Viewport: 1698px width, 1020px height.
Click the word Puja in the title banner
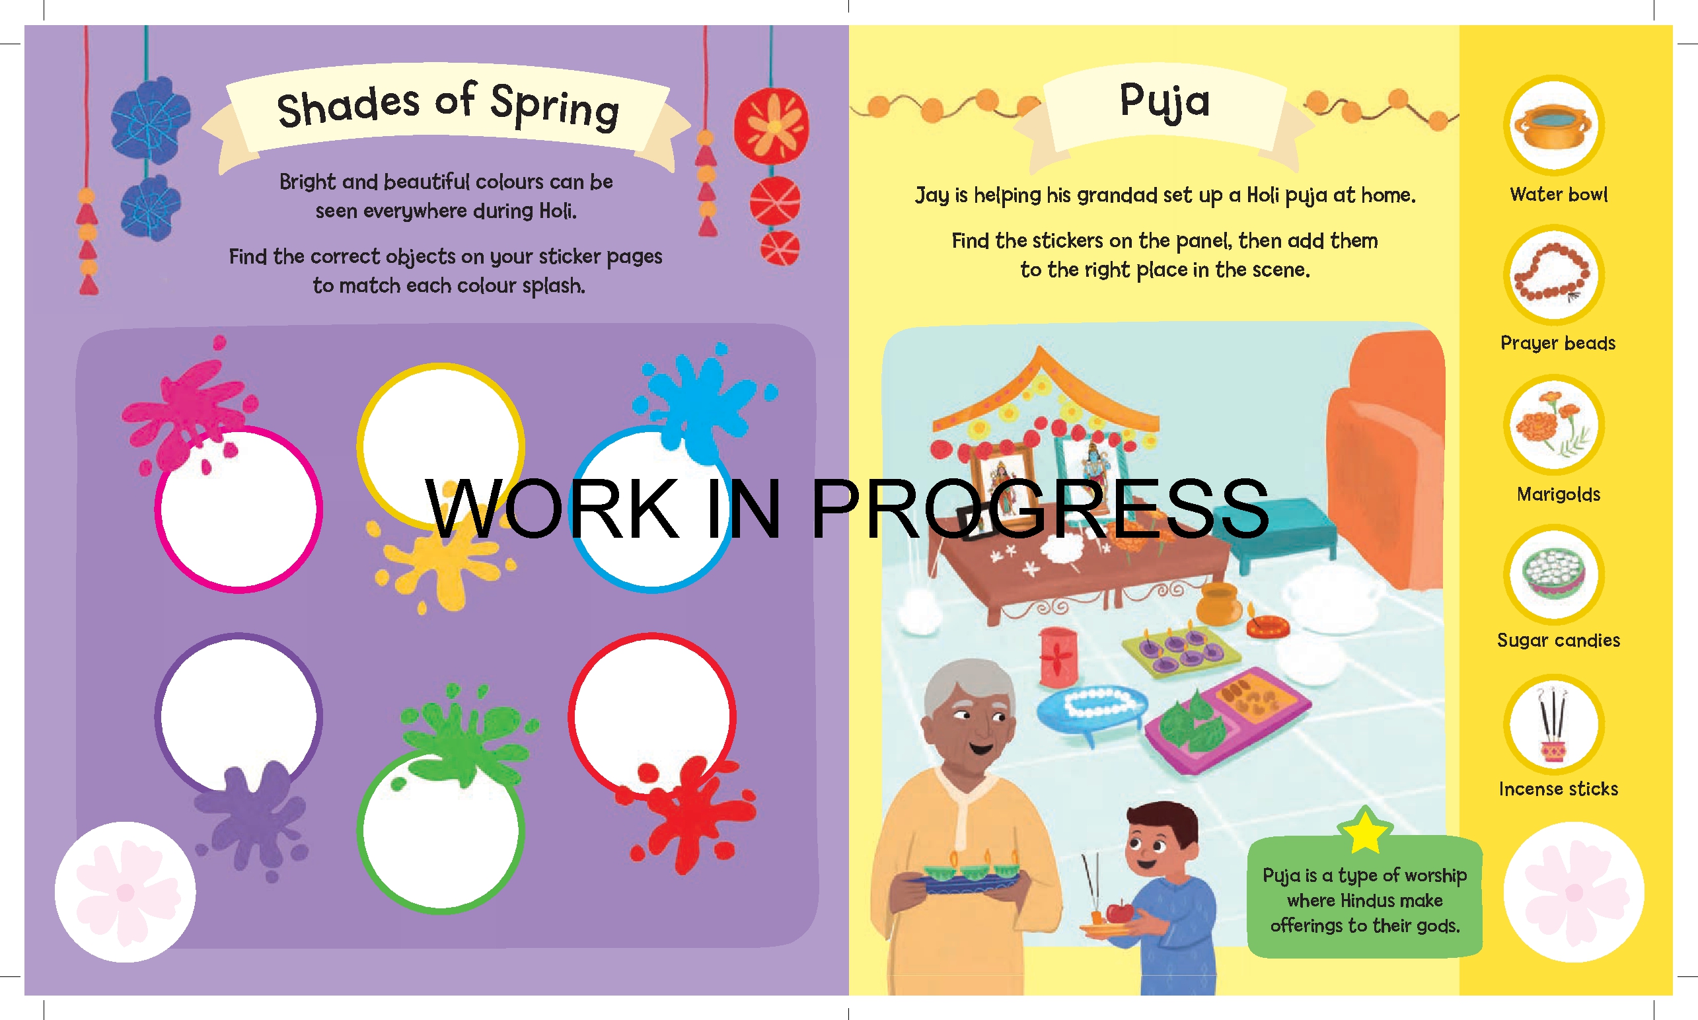1164,102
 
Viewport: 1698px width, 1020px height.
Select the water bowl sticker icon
1553,125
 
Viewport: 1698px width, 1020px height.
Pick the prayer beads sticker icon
1553,275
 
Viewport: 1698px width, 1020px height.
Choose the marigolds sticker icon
1553,425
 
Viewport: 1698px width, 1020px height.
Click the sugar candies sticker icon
1553,575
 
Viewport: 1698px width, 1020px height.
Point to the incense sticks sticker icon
1553,725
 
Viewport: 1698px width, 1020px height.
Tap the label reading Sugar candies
1558,640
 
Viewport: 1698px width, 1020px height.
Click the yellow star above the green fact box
1364,832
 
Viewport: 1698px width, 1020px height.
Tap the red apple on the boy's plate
1120,912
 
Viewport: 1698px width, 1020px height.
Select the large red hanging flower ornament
771,126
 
